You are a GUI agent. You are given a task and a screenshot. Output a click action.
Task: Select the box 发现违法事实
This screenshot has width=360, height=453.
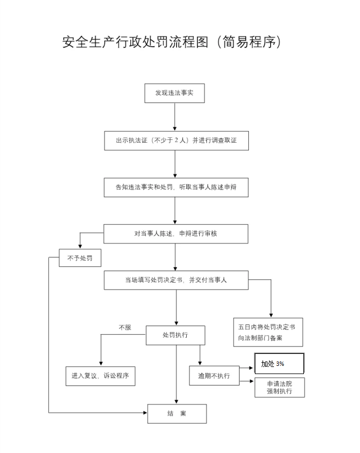coord(174,93)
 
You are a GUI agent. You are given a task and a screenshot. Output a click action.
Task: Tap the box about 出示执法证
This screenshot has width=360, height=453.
coord(176,140)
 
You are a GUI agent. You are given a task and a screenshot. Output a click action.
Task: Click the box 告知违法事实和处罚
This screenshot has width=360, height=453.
coord(176,187)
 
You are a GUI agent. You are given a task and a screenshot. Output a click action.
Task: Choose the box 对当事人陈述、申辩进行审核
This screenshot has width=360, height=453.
coord(176,234)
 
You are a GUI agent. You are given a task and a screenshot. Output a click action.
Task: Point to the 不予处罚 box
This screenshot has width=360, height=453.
coord(80,258)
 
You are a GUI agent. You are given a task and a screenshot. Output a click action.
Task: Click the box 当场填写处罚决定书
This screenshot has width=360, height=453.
coord(176,280)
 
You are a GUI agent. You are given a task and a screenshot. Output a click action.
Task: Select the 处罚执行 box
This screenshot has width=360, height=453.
coord(175,335)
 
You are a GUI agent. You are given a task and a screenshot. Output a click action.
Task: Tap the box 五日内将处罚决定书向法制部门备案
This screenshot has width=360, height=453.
coord(268,332)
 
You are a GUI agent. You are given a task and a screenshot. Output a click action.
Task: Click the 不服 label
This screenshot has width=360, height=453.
coord(125,327)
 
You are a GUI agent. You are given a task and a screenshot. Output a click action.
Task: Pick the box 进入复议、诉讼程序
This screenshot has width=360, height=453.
coord(100,376)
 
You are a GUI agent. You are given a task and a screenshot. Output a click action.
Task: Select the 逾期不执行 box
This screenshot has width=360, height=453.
coord(214,376)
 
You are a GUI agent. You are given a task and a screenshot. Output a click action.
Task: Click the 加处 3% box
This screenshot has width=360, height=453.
coord(279,364)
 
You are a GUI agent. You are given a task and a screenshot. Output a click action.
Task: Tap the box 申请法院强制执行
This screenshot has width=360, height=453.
coord(280,388)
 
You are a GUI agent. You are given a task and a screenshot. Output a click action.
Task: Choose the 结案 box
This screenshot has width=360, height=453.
coord(177,414)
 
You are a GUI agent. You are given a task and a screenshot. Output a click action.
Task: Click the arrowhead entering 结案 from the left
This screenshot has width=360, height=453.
coord(145,413)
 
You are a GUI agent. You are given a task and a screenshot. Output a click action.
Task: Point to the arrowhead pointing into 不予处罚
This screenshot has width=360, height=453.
coord(80,247)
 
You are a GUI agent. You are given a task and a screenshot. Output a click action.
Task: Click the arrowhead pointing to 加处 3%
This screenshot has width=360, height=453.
coord(252,368)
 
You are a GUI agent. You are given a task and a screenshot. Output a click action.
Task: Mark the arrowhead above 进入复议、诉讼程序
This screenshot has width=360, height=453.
coord(101,364)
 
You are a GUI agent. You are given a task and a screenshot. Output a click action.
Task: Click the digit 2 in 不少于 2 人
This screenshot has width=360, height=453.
coord(176,140)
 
